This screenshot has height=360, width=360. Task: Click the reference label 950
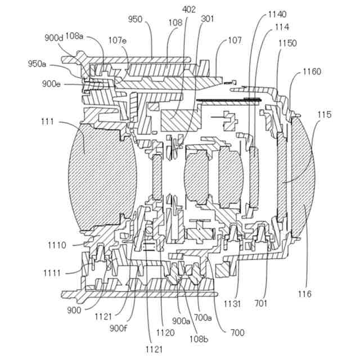pos(135,19)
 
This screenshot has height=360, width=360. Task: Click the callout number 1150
pos(287,43)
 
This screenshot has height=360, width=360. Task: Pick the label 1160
pos(312,71)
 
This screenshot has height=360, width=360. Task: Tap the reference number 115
pos(324,115)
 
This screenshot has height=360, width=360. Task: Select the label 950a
pos(37,64)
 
